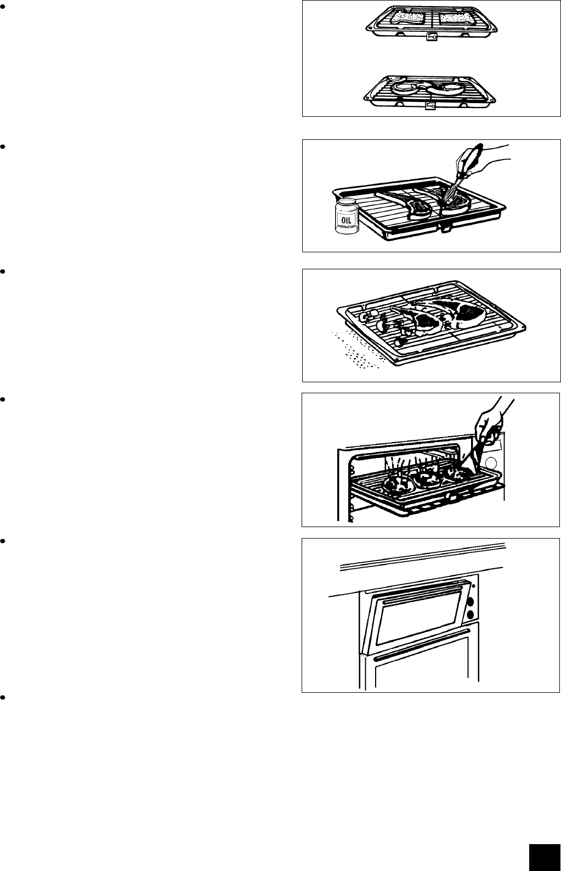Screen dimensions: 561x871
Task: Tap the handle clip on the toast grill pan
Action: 432,38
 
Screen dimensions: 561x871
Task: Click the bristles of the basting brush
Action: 451,193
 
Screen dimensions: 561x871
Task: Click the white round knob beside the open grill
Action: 492,464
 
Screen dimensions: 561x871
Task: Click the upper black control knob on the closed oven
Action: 469,602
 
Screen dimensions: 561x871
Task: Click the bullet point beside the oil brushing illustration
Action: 3,146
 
